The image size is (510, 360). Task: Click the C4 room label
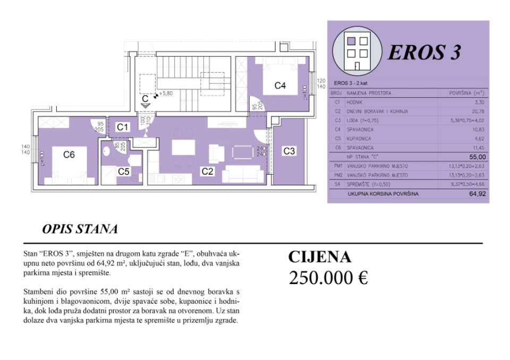(280, 85)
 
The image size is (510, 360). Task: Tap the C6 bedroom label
(69, 155)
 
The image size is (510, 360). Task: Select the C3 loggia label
(289, 151)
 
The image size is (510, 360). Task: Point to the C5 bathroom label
(124, 171)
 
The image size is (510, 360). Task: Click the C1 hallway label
(123, 127)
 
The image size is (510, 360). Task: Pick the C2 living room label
(207, 171)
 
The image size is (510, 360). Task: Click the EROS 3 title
(424, 52)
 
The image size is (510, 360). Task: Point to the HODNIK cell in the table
(355, 102)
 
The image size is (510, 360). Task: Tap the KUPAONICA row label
(359, 138)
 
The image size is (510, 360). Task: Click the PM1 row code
(336, 166)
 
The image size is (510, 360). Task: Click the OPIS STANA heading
(80, 229)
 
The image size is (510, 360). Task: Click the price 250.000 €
(328, 278)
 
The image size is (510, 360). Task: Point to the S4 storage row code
(336, 184)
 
